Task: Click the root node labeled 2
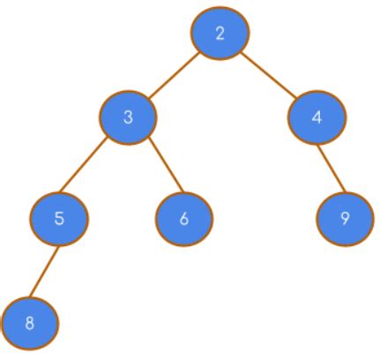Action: coord(220,34)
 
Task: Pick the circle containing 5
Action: coord(59,218)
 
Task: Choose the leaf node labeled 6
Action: coord(184,218)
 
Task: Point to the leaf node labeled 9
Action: coord(345,218)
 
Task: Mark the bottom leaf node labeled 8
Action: coord(30,323)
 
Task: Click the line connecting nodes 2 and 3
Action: coord(174,75)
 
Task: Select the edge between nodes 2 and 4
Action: coord(267,75)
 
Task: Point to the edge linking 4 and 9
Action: coord(330,168)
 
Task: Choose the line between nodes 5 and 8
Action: coord(44,271)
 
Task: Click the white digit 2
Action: coord(220,34)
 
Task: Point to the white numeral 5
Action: coord(59,218)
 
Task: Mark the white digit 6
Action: coord(184,218)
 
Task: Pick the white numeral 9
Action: coord(345,218)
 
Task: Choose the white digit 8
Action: coord(30,323)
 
